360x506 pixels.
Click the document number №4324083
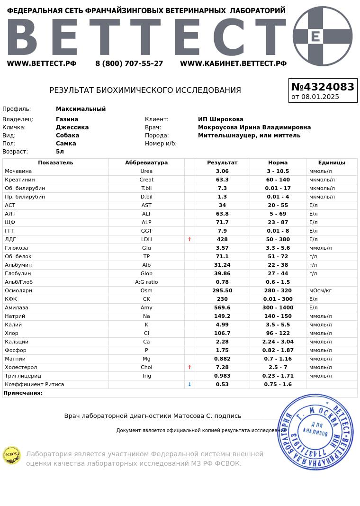click(x=323, y=87)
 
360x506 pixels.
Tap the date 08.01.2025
click(x=320, y=97)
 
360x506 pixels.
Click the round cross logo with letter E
click(x=323, y=36)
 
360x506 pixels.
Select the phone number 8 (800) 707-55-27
click(x=129, y=63)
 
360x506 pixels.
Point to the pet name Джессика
click(x=72, y=127)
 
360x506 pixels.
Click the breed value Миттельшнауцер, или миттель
click(x=249, y=136)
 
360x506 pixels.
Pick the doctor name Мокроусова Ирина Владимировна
click(x=254, y=127)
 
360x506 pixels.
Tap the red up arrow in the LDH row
click(x=189, y=240)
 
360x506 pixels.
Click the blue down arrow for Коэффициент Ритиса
click(x=189, y=385)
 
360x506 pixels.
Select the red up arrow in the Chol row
click(x=189, y=368)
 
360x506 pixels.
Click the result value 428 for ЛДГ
click(x=222, y=240)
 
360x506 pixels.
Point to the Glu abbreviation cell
click(x=146, y=248)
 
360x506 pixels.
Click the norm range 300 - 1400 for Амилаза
click(x=278, y=308)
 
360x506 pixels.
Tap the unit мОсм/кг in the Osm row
click(x=320, y=291)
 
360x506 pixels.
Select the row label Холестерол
click(x=21, y=368)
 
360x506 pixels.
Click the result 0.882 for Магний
click(x=222, y=359)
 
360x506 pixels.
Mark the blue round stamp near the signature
click(x=315, y=432)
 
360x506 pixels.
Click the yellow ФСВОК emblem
click(x=11, y=455)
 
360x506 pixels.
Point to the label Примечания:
click(x=23, y=393)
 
